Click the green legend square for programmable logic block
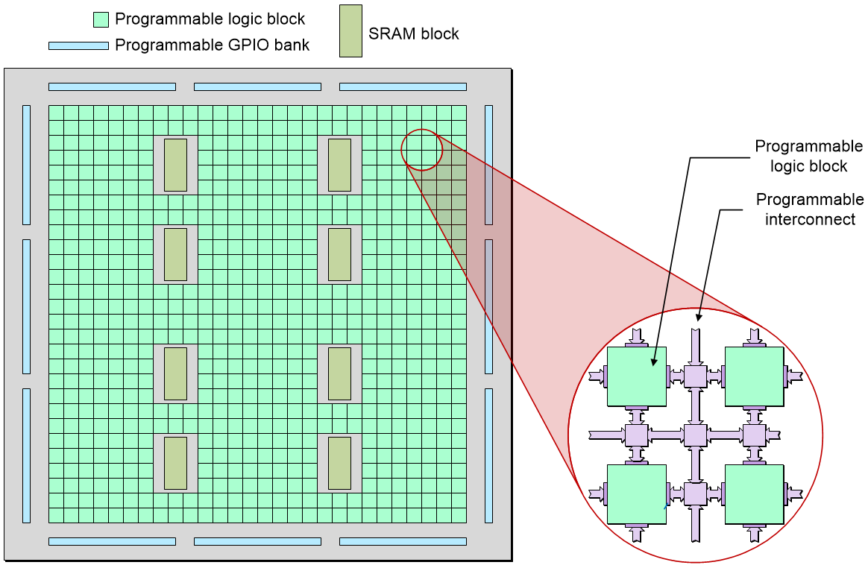101,19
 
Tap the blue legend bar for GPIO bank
78,45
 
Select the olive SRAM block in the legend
350,31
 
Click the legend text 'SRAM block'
414,34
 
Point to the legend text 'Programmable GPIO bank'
212,45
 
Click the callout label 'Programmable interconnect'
810,209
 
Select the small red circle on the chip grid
422,150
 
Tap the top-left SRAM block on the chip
175,165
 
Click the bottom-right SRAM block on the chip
339,463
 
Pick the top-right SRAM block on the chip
339,165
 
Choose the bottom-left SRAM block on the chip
175,463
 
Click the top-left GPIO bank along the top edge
112,86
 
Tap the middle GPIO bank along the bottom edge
257,541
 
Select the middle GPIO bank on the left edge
26,306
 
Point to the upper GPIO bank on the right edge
488,165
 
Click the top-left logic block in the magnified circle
636,376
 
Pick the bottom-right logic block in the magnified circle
754,494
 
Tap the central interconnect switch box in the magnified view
695,435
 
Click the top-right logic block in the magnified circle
754,376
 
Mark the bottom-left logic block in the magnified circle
636,494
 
